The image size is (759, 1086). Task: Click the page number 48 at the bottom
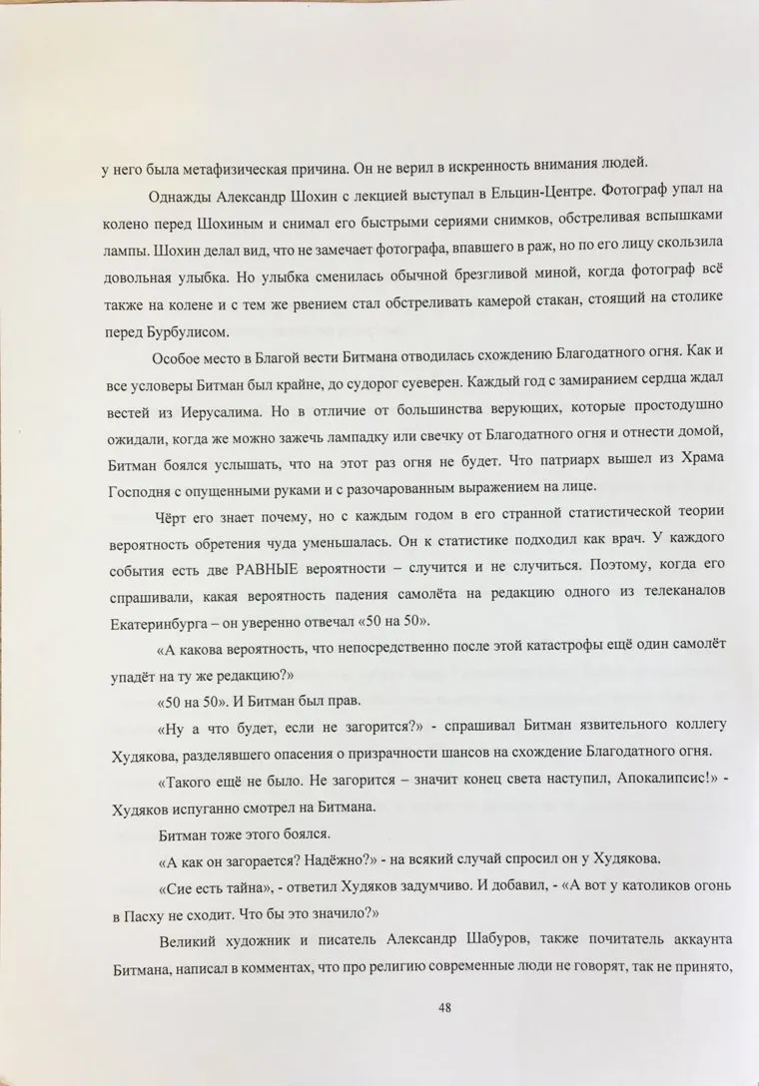(445, 1007)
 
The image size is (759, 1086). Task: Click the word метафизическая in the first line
(233, 167)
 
